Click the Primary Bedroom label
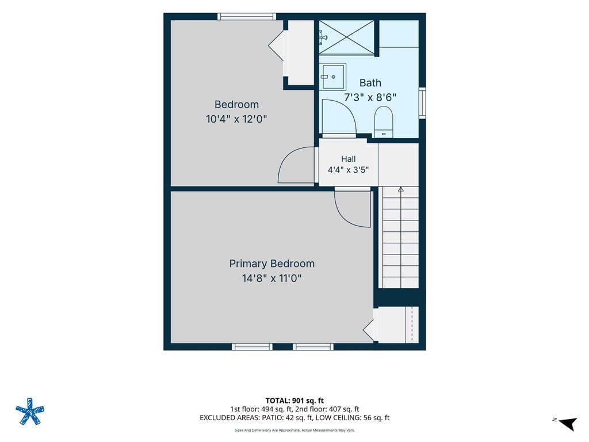[x=272, y=264]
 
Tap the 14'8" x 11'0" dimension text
[x=272, y=279]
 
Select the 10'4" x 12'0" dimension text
[x=236, y=119]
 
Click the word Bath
[x=370, y=83]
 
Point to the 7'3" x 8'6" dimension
[x=370, y=97]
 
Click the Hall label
[x=349, y=159]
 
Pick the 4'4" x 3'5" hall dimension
[x=348, y=170]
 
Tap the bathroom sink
[x=333, y=77]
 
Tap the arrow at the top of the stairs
[x=401, y=189]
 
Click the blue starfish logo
[x=30, y=411]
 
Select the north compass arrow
[x=568, y=423]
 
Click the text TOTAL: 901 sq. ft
[x=294, y=401]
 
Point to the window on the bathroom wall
[x=422, y=103]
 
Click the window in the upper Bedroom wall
[x=247, y=17]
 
